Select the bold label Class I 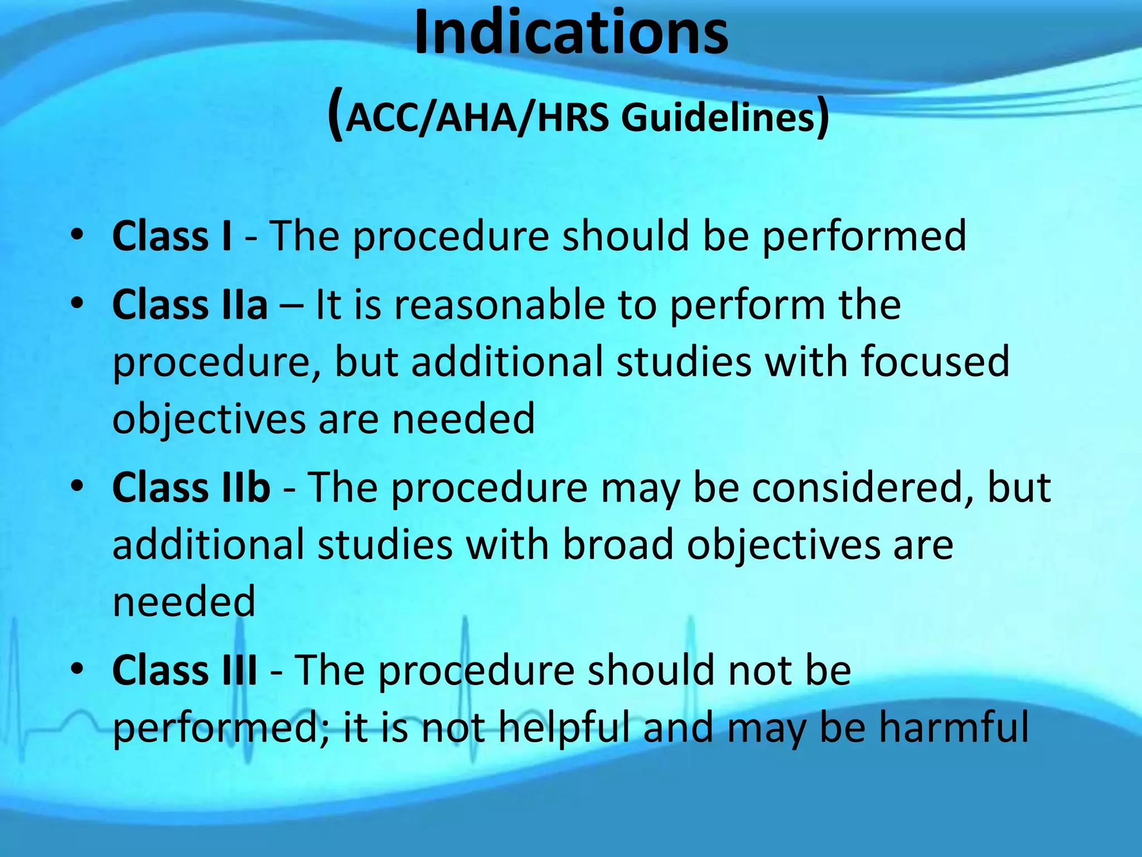(x=172, y=236)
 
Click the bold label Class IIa (x=190, y=305)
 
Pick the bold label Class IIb (x=191, y=488)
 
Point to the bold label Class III (x=185, y=670)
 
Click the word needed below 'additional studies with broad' (x=184, y=602)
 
